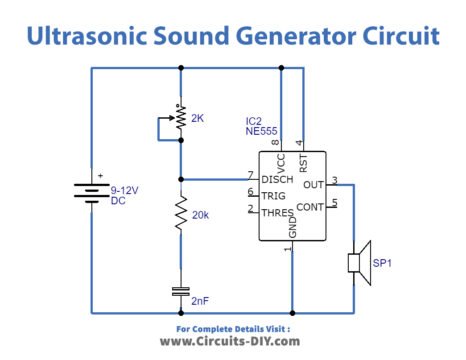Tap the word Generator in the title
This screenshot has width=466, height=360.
point(285,37)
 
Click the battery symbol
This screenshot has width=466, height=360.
point(91,190)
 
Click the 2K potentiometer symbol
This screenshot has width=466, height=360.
point(179,119)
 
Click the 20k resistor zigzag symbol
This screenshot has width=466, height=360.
point(180,213)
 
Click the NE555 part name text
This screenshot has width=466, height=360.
point(261,131)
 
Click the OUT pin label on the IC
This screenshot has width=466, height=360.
point(314,185)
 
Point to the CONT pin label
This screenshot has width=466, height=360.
point(310,207)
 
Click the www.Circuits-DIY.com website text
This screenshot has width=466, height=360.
point(230,340)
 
